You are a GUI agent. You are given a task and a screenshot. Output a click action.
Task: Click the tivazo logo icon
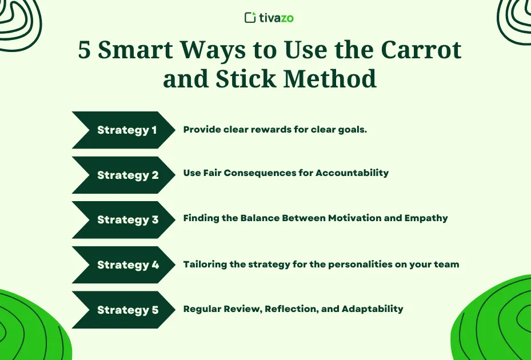(250, 18)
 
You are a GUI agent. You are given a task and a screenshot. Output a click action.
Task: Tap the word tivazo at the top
(276, 18)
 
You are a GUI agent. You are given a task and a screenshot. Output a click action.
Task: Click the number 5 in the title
(85, 50)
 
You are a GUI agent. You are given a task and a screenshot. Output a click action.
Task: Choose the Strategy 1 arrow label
(127, 130)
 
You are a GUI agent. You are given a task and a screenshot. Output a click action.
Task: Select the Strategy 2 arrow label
(127, 175)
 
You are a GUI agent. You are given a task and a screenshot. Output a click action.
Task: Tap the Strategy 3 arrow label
(127, 220)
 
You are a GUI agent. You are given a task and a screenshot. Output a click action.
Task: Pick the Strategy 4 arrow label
(127, 265)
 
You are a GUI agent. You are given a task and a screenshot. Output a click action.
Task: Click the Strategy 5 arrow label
(127, 310)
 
